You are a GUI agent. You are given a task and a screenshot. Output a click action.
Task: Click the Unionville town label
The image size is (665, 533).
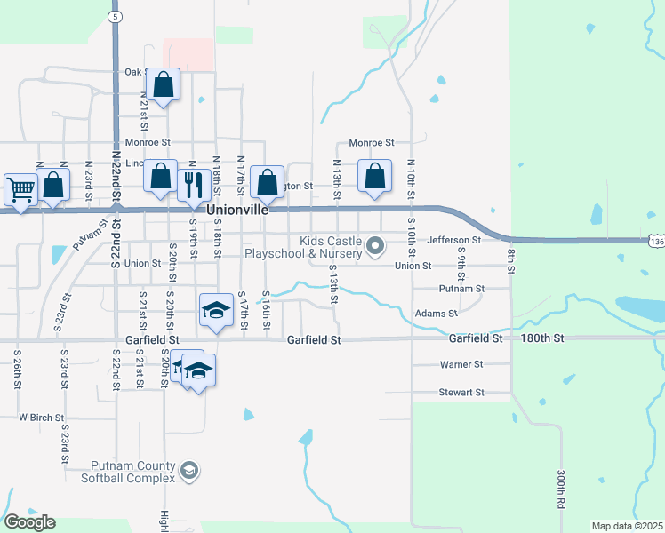tap(237, 211)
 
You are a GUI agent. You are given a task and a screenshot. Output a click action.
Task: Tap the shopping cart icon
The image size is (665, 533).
tap(20, 188)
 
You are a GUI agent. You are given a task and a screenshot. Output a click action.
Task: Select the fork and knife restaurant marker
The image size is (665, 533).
tap(193, 184)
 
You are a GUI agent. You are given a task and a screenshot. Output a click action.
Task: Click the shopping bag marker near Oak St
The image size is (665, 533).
tap(164, 84)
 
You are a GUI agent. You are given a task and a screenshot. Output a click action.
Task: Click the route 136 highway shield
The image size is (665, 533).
tap(656, 241)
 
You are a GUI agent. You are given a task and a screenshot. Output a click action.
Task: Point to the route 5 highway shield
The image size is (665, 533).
tap(115, 17)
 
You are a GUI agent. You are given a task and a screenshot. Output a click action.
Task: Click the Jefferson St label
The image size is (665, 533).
tap(453, 240)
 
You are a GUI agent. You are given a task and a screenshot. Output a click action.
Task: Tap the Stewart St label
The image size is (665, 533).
tap(461, 392)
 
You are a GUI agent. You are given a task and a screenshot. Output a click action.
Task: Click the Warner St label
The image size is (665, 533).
tap(461, 364)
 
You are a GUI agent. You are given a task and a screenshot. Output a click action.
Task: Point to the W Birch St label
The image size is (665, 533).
tap(42, 417)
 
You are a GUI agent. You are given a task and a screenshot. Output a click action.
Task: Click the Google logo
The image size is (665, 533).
tap(30, 522)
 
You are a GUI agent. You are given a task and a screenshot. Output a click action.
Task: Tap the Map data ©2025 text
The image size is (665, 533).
tap(627, 526)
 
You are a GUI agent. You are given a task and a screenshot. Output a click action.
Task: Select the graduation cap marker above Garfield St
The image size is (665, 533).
tap(214, 310)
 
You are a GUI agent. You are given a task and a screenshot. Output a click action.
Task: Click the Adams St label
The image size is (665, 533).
tap(436, 314)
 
